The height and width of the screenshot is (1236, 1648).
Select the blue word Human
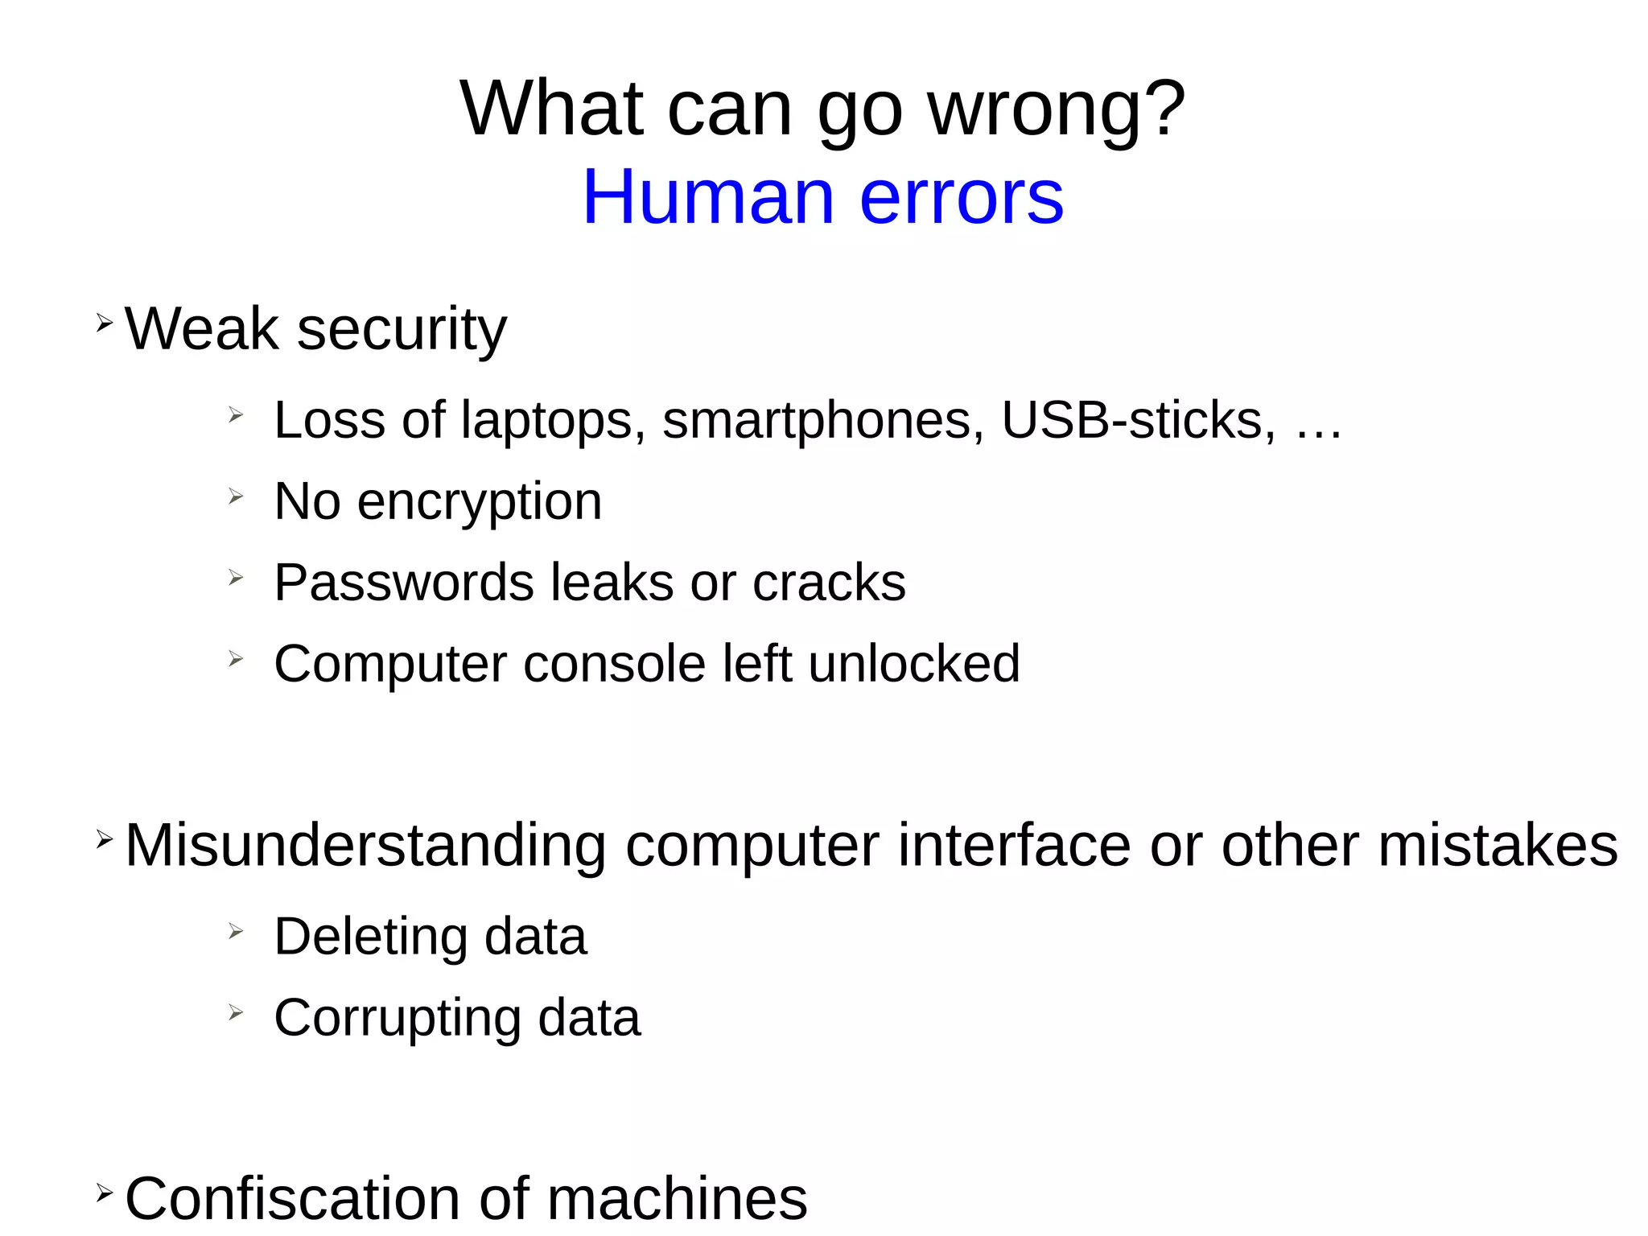coord(708,197)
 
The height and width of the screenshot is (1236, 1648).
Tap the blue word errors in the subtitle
coord(962,197)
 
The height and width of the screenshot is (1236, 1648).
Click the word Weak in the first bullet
coord(201,329)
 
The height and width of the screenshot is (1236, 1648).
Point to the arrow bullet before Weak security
coord(105,323)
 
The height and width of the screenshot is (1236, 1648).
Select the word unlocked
coord(914,664)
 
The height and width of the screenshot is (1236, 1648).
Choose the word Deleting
coord(371,937)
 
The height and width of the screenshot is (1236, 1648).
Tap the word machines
coord(677,1198)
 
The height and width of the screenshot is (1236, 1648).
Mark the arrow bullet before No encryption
coord(235,496)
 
